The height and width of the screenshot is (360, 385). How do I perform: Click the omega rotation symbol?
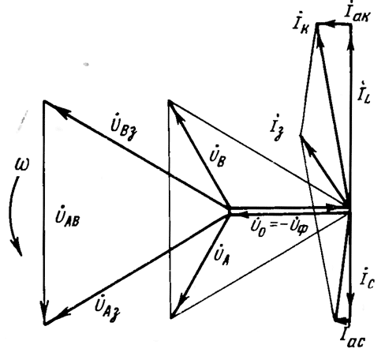pos(22,165)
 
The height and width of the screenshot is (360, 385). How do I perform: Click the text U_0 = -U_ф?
pos(278,227)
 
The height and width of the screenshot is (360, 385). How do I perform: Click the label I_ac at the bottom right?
pos(352,337)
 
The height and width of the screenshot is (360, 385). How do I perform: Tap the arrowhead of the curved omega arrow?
pos(17,247)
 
